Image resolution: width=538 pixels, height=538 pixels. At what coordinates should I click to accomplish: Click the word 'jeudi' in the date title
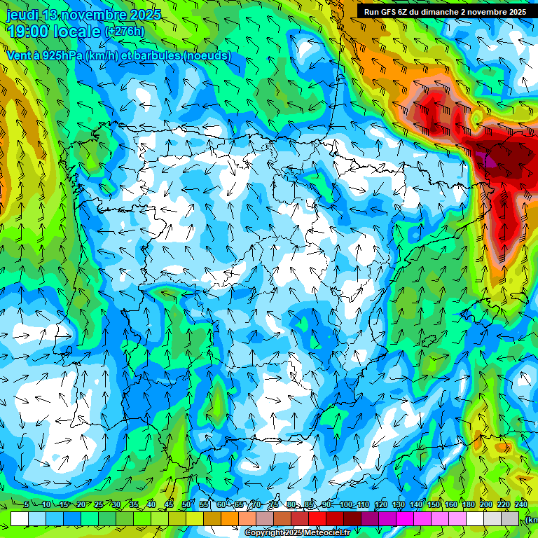click(x=23, y=15)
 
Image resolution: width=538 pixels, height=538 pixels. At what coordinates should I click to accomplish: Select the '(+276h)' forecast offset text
click(x=125, y=31)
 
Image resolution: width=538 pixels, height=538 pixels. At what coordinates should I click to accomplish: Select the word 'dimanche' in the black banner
click(x=439, y=11)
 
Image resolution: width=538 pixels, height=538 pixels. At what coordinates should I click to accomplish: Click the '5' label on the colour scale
click(x=26, y=504)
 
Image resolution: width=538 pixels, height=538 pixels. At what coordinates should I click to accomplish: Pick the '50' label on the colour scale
click(x=186, y=504)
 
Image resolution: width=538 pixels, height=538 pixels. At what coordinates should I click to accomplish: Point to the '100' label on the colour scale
click(x=346, y=504)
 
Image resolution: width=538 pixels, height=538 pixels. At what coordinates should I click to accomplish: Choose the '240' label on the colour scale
click(x=521, y=504)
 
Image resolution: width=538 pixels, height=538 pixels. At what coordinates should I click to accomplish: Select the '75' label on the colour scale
click(x=274, y=504)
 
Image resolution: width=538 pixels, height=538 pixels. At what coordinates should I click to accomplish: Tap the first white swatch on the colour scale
click(x=20, y=518)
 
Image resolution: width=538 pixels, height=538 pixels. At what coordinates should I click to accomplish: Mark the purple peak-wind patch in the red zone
click(x=485, y=159)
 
